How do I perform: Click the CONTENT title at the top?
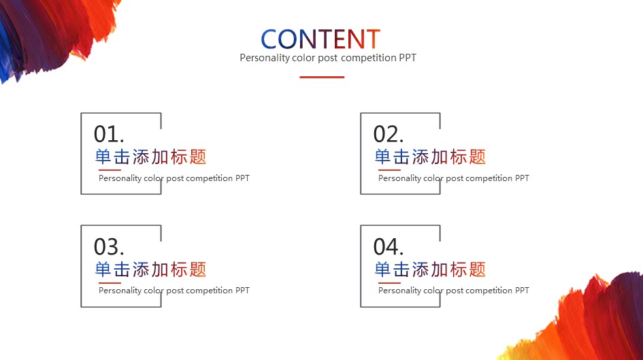(320, 39)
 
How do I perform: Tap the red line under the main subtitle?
(322, 77)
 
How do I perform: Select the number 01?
(109, 134)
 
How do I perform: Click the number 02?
(389, 134)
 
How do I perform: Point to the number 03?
(109, 246)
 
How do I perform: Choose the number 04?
(389, 246)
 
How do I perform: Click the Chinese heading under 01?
(150, 157)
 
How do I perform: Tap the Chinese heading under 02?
(430, 157)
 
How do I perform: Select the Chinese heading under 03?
(150, 269)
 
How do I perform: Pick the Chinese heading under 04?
(430, 269)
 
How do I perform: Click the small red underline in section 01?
(110, 169)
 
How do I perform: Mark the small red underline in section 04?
(389, 282)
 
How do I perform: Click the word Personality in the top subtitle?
(265, 58)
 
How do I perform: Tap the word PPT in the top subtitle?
(408, 57)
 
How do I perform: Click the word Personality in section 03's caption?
(120, 291)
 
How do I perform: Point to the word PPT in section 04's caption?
(522, 291)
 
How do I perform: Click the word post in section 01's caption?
(175, 178)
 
